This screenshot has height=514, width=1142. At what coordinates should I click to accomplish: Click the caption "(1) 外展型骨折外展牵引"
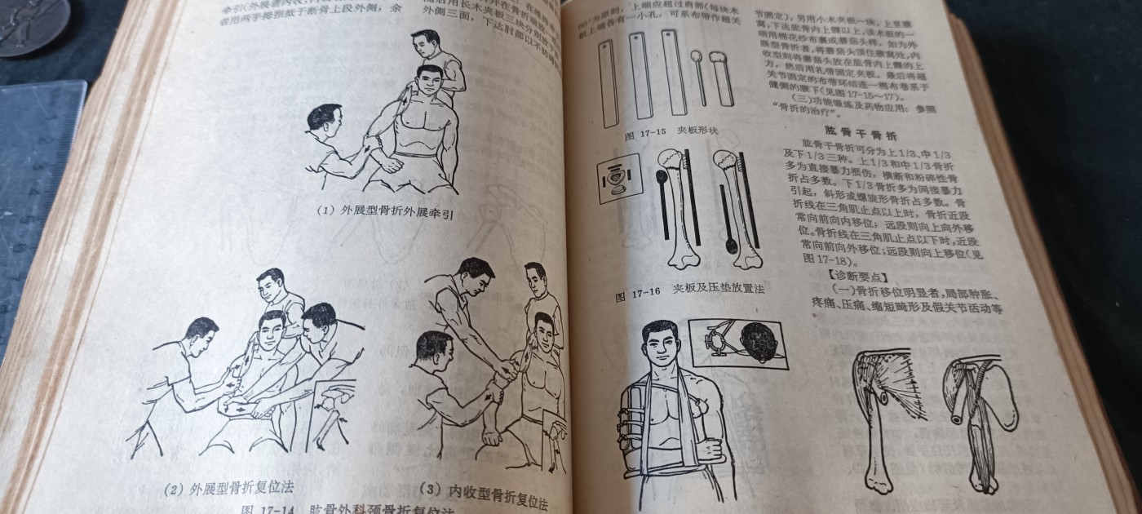[x=384, y=211]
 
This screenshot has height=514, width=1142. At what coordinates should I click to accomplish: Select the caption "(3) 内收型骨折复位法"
[x=483, y=492]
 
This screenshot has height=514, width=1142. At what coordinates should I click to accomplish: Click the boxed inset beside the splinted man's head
[x=737, y=343]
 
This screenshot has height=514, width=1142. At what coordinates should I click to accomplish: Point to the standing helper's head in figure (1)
[x=426, y=46]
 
